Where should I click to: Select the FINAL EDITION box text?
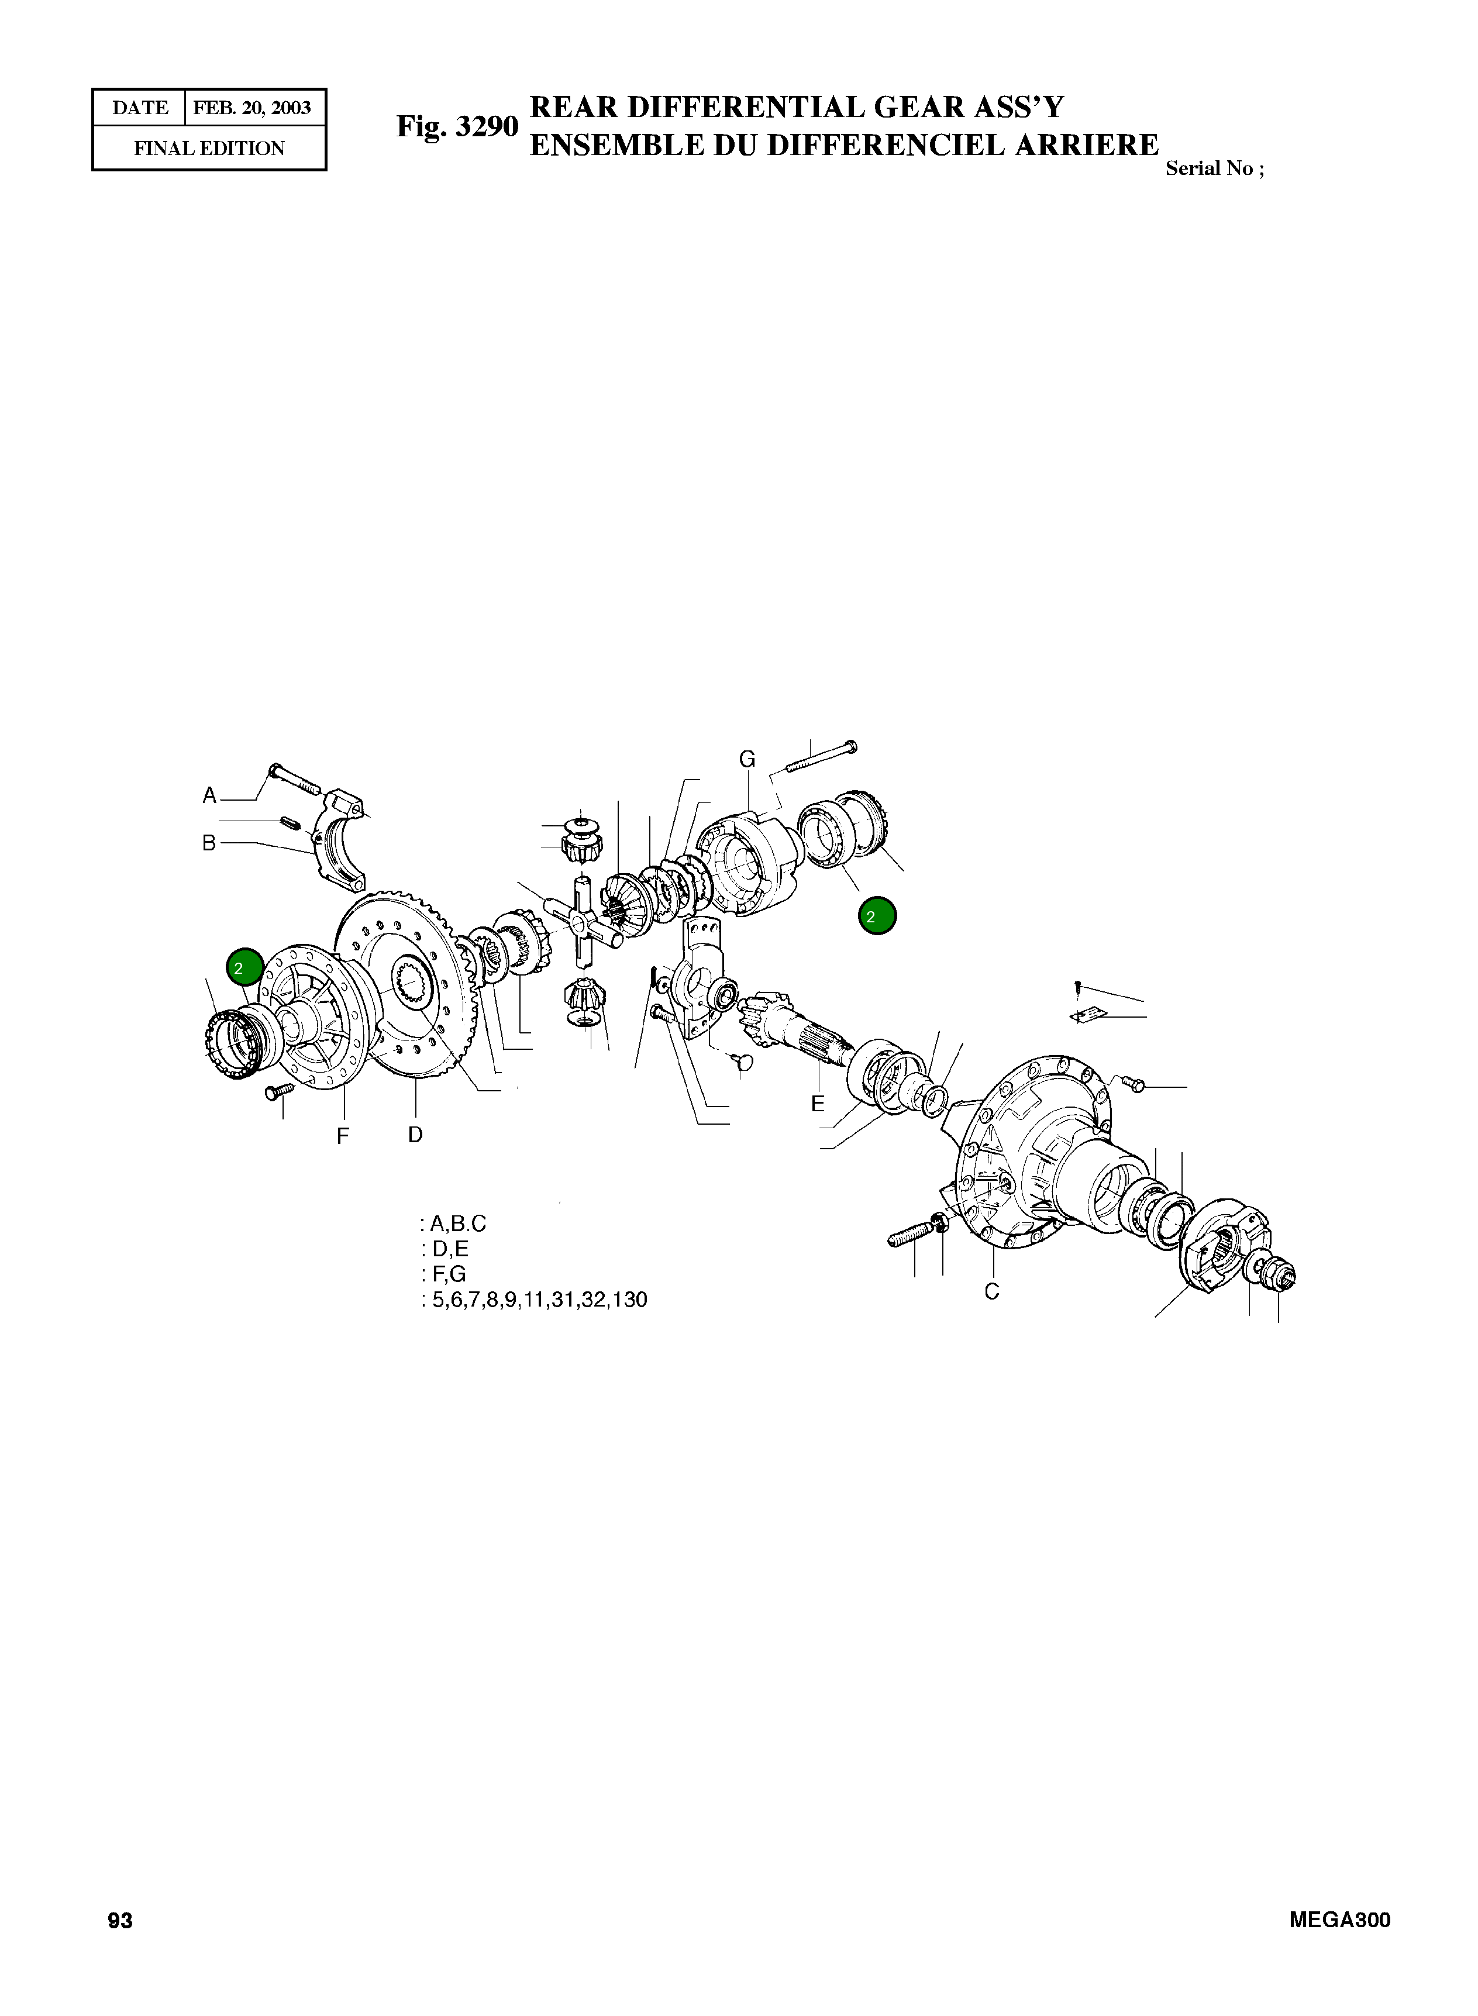209,149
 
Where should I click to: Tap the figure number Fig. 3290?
457,127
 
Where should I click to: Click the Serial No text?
1214,169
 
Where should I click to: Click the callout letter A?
209,795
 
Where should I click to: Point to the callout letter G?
747,759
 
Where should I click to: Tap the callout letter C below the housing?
991,1291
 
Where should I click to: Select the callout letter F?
342,1137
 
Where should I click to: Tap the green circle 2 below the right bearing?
877,916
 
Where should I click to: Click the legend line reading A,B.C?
454,1224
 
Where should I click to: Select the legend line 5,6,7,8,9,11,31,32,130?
535,1300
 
